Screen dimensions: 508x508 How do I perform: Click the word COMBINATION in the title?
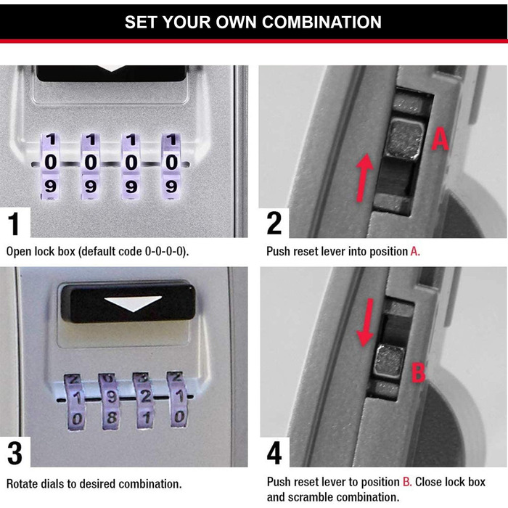tap(321, 22)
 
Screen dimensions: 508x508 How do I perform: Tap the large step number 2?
tap(274, 223)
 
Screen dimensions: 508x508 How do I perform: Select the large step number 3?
tap(15, 454)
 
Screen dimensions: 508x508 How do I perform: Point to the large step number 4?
tap(274, 454)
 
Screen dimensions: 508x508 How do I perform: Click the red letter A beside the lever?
tap(440, 139)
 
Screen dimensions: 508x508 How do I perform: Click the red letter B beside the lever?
tap(418, 373)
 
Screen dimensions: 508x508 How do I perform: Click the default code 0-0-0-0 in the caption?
tap(159, 252)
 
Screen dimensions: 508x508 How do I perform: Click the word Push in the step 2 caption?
tap(279, 252)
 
